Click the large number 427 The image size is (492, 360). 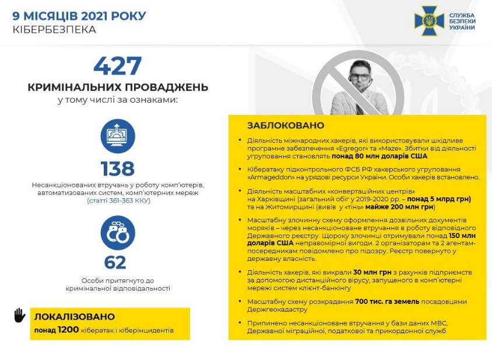(x=117, y=66)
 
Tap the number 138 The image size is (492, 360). (x=117, y=169)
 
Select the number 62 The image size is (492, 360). (x=115, y=262)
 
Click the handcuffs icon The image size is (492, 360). (x=117, y=233)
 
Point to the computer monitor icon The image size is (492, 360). (x=117, y=137)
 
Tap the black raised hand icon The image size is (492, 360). (x=20, y=316)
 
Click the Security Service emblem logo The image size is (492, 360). (x=428, y=21)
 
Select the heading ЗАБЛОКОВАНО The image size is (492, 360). (x=285, y=125)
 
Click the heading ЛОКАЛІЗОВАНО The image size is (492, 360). (x=75, y=317)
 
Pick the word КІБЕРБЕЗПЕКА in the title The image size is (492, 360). (x=54, y=29)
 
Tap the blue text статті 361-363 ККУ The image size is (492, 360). (x=118, y=200)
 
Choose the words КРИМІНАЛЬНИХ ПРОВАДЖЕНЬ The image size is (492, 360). (x=117, y=88)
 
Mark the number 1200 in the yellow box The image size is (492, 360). (x=68, y=330)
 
